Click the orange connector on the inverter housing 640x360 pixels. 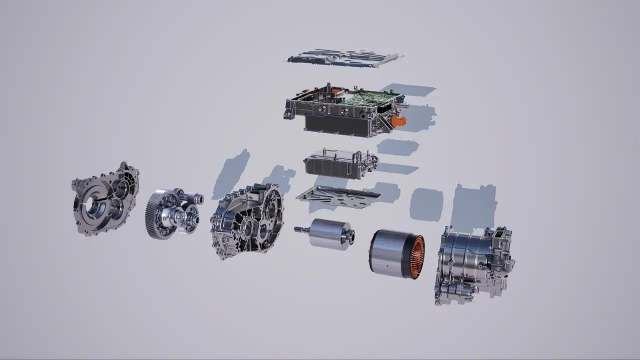398,120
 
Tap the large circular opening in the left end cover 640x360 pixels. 93,205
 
